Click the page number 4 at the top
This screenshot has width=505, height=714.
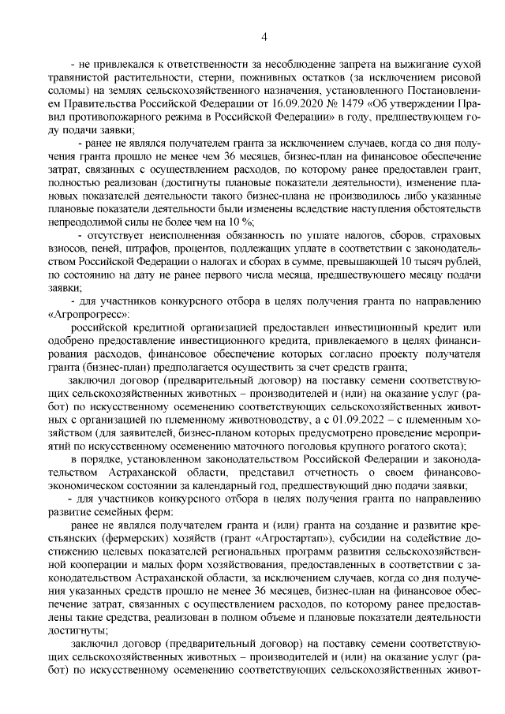click(264, 36)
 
